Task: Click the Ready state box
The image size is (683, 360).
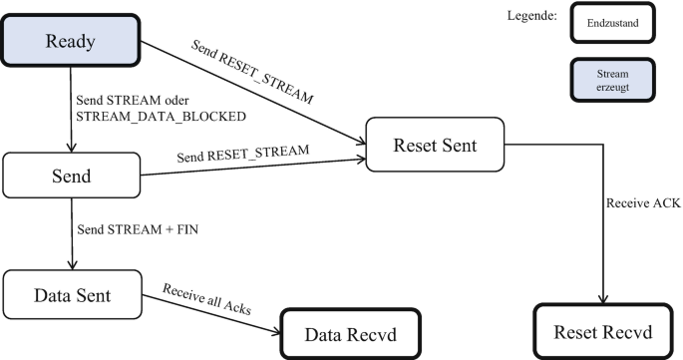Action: click(70, 41)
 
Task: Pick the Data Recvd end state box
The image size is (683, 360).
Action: click(350, 332)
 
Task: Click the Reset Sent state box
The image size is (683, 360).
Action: click(435, 144)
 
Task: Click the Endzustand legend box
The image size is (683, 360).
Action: click(611, 22)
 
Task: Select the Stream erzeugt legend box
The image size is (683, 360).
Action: click(611, 80)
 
